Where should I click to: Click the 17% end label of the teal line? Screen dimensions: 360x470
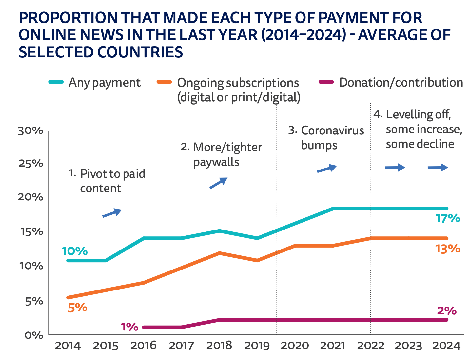click(448, 218)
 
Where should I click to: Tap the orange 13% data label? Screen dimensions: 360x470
click(448, 249)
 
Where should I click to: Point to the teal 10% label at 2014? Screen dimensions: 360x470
click(75, 251)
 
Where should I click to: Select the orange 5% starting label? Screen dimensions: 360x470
click(77, 308)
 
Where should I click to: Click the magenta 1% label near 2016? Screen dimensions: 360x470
click(129, 327)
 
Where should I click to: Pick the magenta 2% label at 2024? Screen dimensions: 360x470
click(447, 311)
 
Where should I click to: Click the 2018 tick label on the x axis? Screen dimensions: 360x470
click(219, 346)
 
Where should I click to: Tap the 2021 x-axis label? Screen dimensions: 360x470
click(333, 346)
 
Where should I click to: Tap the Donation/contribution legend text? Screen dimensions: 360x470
click(401, 83)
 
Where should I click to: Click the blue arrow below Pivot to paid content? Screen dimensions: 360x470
click(112, 213)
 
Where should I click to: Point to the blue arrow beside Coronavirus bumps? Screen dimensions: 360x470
click(327, 169)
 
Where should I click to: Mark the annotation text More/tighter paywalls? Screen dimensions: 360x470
click(227, 154)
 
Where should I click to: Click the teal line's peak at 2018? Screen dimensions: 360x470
click(219, 231)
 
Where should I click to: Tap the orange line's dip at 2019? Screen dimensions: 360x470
click(257, 260)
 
